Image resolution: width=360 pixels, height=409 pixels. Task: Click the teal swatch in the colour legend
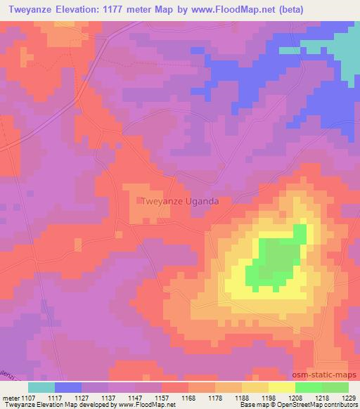41,387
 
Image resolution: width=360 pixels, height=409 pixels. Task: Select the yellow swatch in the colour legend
281,387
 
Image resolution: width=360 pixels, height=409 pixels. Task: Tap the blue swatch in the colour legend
68,387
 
